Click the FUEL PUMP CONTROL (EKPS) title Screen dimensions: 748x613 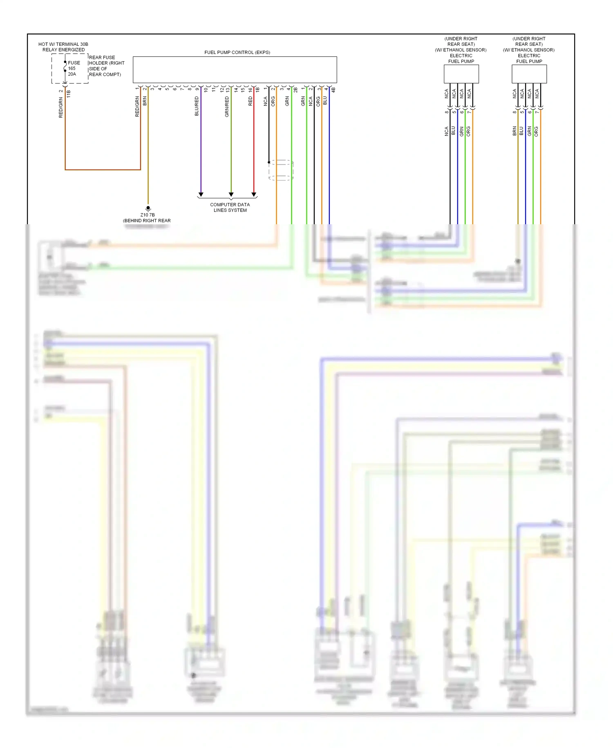click(x=237, y=52)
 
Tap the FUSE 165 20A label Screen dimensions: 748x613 click(x=74, y=68)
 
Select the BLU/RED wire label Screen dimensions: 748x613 click(x=197, y=106)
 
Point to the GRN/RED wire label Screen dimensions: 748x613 click(x=227, y=107)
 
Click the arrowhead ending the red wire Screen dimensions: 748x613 click(x=254, y=194)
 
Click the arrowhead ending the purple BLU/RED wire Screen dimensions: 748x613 click(x=201, y=194)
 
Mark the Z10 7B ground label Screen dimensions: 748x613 click(x=148, y=215)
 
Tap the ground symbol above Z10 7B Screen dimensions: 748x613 click(x=148, y=209)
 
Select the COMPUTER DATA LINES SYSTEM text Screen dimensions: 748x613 click(x=230, y=207)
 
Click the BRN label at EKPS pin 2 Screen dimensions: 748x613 click(x=145, y=101)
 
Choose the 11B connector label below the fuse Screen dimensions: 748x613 click(x=69, y=94)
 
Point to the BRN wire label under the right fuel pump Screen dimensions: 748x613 click(x=515, y=131)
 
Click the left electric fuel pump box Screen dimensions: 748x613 click(x=461, y=74)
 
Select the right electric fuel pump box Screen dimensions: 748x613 click(x=529, y=74)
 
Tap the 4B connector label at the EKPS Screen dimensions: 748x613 click(x=333, y=89)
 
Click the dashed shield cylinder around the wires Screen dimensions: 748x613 click(x=281, y=170)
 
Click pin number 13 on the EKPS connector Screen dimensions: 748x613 click(x=228, y=90)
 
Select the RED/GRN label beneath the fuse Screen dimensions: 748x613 click(x=61, y=108)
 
